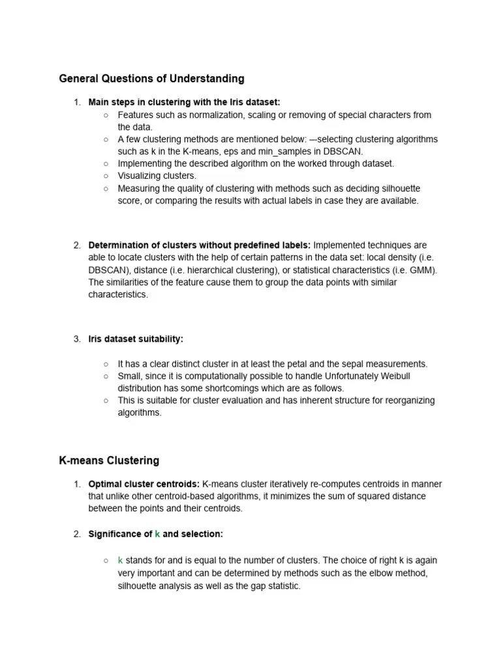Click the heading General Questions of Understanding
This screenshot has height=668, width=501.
point(151,79)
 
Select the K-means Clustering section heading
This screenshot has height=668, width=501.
point(109,461)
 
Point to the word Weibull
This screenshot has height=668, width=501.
point(395,376)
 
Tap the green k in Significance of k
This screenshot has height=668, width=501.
point(157,534)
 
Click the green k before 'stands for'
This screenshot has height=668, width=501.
point(121,561)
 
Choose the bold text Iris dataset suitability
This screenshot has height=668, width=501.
point(136,339)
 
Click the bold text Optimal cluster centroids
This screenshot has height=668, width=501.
point(144,484)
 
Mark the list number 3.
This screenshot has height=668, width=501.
point(76,339)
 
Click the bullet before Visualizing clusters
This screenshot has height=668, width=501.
point(106,176)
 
